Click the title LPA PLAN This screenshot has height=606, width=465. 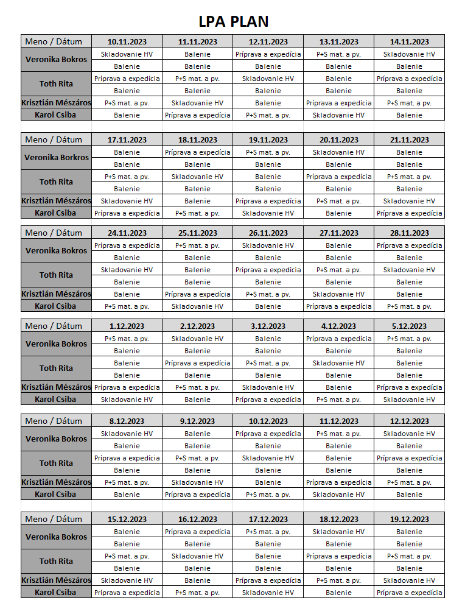coord(233,22)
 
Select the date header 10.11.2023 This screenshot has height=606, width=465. coord(127,42)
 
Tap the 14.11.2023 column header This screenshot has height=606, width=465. coord(409,42)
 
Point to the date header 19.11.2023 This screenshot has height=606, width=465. coord(268,140)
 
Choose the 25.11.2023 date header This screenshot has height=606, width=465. coord(197,233)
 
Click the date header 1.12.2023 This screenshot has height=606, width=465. coord(127,326)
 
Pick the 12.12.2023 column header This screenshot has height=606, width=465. coord(409,421)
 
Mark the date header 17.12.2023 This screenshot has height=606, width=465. coord(268,520)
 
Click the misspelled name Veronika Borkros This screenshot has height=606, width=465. coord(56,158)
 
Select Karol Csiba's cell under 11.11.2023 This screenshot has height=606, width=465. coord(197,115)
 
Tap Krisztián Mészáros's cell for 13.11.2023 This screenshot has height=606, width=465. coord(338,103)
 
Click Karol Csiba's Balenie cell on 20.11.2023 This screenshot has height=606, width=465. coord(338,213)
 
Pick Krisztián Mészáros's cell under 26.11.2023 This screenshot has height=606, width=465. coord(268,294)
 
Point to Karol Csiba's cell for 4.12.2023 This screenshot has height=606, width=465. coord(338,400)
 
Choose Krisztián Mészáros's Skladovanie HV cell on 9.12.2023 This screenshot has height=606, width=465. coord(197,482)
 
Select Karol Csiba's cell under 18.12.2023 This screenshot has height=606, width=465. coord(338,593)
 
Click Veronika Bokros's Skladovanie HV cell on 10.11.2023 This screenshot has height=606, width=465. coord(127,54)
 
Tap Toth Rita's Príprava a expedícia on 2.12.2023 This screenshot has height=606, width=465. coord(197,363)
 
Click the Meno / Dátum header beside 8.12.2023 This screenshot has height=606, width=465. coord(56,421)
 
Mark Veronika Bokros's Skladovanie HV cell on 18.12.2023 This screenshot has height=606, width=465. coord(338,532)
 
